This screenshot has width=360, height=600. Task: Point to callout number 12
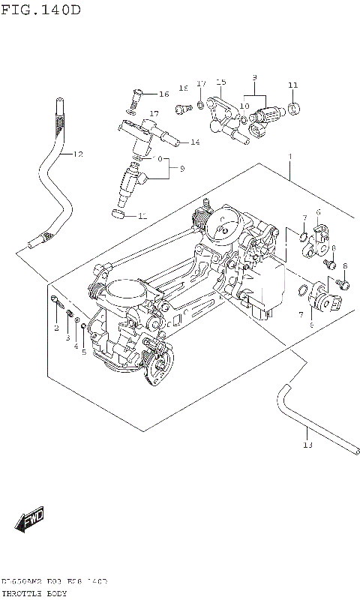[77, 154]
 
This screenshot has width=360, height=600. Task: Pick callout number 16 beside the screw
[163, 94]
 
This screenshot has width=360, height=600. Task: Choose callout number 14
[194, 142]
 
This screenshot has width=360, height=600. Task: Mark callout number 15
[220, 81]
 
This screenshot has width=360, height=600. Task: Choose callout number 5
[84, 351]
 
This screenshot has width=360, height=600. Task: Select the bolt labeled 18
[179, 109]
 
